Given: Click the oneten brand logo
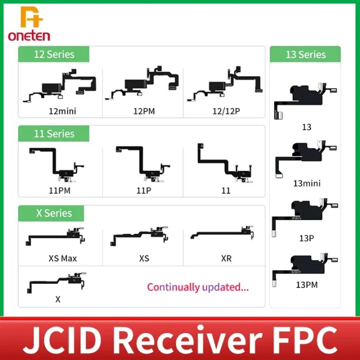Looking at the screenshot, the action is tap(29, 23).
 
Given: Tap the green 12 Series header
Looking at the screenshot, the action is tap(53, 54).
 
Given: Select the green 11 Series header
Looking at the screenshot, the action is tap(53, 133).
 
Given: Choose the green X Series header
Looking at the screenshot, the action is tap(51, 213).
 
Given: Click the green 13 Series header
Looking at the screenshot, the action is tap(305, 54).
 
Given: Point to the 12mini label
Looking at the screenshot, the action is tap(62, 111).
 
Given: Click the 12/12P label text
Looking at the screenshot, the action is tap(226, 111).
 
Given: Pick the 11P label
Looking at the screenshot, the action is tap(143, 190).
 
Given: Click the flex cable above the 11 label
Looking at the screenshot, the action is tap(225, 163).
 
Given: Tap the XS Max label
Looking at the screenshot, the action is tap(62, 258).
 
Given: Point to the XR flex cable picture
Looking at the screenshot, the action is tap(222, 233).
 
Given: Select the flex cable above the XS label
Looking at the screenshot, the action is tap(139, 236).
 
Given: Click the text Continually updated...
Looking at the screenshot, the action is tap(197, 287).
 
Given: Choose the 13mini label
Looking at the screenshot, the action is tap(306, 183).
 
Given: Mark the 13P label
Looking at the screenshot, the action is tap(306, 238).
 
